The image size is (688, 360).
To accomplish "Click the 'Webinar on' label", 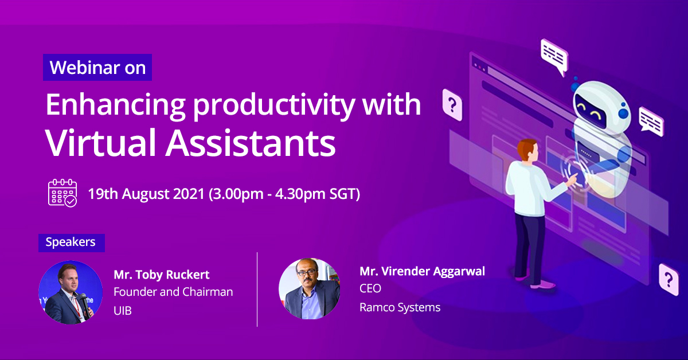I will click(97, 68).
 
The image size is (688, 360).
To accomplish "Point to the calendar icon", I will click(62, 193).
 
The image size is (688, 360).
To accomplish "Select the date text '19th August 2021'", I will click(146, 194).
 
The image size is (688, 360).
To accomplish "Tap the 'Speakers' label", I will click(71, 242).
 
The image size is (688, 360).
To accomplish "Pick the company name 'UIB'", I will click(123, 311).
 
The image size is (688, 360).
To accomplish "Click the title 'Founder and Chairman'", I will click(173, 292).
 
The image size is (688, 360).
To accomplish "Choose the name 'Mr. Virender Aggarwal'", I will click(422, 271).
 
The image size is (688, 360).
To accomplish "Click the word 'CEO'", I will click(370, 288).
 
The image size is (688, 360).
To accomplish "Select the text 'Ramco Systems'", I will click(400, 307).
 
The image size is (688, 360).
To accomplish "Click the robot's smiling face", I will click(595, 107).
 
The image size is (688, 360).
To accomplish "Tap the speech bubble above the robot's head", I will click(553, 56).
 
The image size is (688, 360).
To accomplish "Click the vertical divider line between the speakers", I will click(257, 289).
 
